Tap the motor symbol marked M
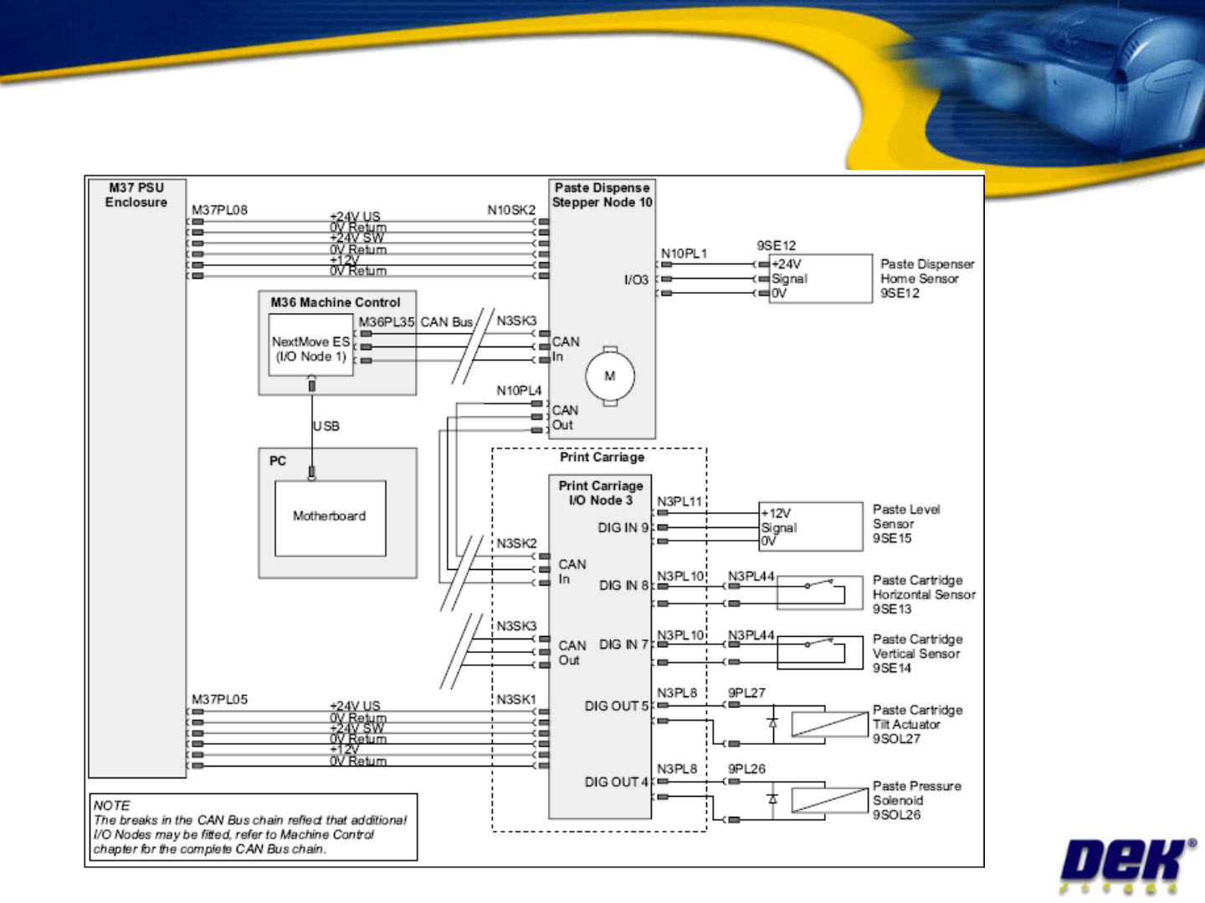[x=610, y=376]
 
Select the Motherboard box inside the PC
[x=330, y=517]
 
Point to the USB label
[x=326, y=426]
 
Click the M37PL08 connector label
[x=219, y=210]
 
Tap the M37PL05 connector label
[x=219, y=700]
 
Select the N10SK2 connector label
[x=511, y=210]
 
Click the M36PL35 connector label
[x=386, y=322]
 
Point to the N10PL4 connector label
[x=519, y=391]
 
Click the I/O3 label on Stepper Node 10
[x=636, y=280]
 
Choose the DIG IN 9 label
[x=623, y=528]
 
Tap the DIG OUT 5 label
[x=616, y=706]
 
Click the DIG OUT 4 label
[x=616, y=782]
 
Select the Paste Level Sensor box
[x=811, y=527]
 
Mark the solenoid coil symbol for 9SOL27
[x=829, y=724]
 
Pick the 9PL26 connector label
[x=746, y=769]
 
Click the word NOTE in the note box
[x=112, y=806]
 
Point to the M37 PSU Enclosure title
[x=136, y=195]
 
